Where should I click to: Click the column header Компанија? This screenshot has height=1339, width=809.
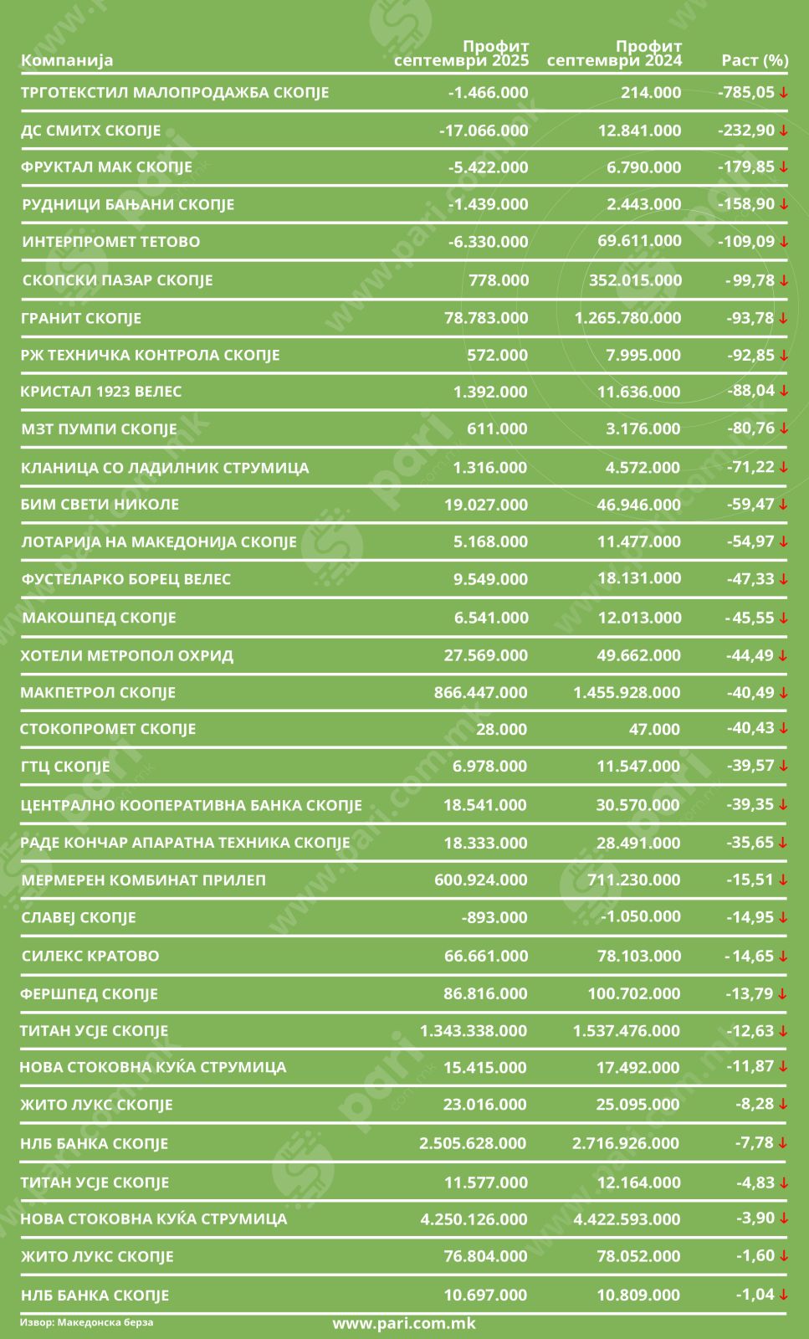[x=67, y=60]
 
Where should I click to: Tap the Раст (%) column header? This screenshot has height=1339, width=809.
[x=755, y=60]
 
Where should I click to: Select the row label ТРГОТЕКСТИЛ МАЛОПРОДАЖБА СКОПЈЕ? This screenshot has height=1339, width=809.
[x=174, y=92]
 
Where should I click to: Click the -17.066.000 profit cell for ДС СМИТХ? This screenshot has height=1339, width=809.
[x=484, y=131]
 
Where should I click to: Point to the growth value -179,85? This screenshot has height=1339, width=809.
[x=746, y=167]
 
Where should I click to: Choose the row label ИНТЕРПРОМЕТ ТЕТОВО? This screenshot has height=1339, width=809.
[x=111, y=242]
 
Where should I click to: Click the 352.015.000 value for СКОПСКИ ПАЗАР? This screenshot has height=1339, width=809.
[x=635, y=280]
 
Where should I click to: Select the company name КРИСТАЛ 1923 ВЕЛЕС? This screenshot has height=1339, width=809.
[x=101, y=391]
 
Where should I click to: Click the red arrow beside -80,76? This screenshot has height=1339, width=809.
[x=783, y=428]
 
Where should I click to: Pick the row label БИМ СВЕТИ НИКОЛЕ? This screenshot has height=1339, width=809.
[x=100, y=504]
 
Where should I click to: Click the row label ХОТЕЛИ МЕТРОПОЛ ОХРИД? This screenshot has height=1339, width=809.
[x=126, y=655]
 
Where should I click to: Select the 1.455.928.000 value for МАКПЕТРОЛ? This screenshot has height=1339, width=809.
[x=627, y=692]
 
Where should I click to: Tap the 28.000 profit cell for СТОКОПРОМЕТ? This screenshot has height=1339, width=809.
[x=501, y=729]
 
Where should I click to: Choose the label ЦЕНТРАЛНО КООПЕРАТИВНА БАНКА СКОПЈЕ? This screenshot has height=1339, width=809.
[x=191, y=805]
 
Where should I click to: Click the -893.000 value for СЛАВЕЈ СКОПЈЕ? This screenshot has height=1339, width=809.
[x=494, y=917]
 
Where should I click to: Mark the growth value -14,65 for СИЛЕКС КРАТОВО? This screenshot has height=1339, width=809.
[x=749, y=956]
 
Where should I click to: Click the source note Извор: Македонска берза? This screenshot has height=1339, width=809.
[x=86, y=1322]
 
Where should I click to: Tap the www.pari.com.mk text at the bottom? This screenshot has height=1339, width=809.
[x=404, y=1323]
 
